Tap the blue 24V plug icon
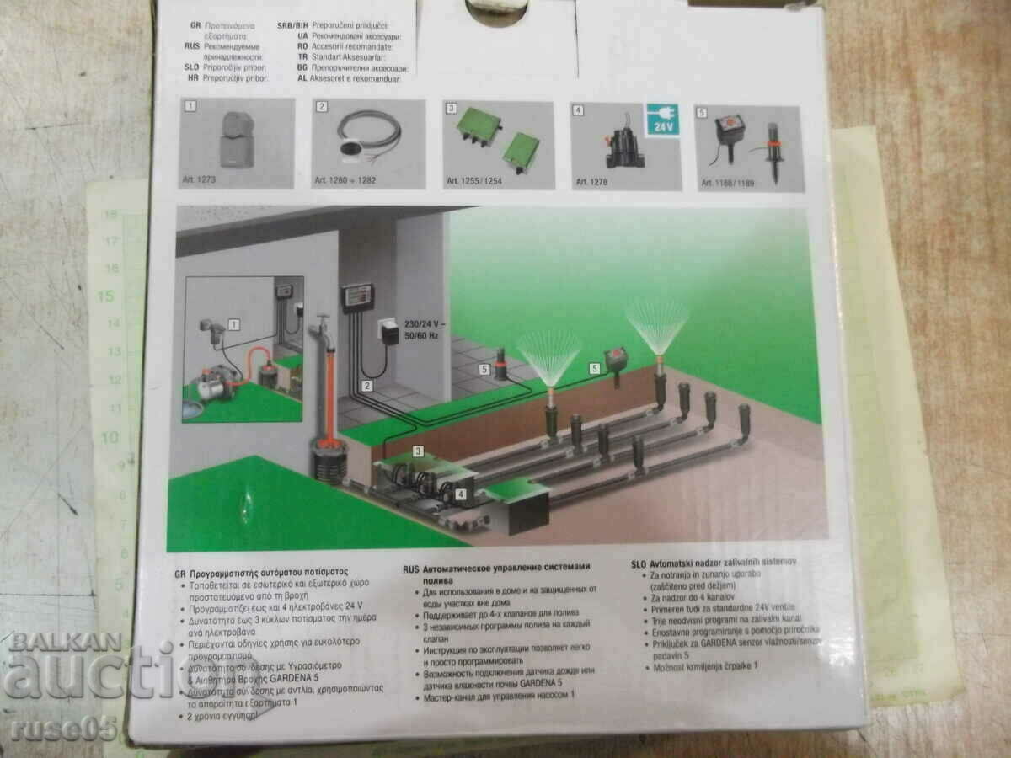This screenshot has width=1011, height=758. click(662, 121)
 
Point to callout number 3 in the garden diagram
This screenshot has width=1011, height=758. click(418, 452)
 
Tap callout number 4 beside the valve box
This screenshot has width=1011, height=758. click(460, 494)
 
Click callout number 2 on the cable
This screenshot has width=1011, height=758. click(367, 387)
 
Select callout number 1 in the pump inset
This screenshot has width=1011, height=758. click(233, 324)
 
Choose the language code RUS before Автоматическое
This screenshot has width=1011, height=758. click(411, 569)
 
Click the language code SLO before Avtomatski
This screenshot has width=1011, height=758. click(640, 561)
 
